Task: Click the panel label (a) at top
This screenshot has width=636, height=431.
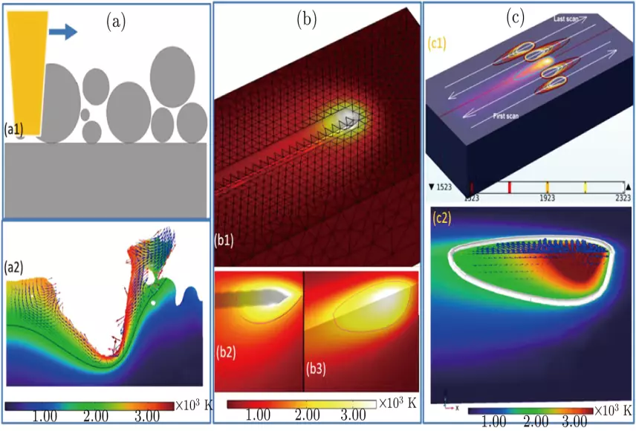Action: click(x=116, y=22)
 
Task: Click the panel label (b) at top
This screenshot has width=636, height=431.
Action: click(x=307, y=20)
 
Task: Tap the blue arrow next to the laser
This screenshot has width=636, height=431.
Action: click(x=63, y=30)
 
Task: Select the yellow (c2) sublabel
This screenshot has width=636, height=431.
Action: click(x=444, y=218)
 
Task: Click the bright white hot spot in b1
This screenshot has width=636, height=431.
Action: click(x=346, y=116)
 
